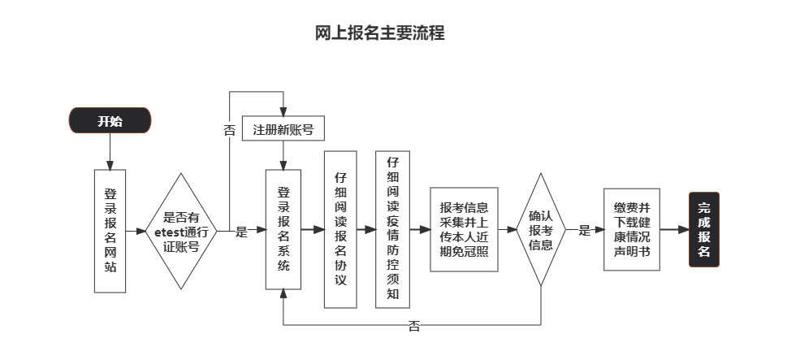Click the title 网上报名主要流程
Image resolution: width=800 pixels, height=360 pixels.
pyautogui.click(x=379, y=33)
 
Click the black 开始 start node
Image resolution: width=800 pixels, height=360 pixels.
pyautogui.click(x=110, y=121)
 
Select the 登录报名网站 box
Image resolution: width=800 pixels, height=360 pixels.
pyautogui.click(x=110, y=230)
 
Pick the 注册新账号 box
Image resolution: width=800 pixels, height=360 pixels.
pyautogui.click(x=283, y=129)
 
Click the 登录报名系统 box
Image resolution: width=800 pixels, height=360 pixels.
pyautogui.click(x=283, y=230)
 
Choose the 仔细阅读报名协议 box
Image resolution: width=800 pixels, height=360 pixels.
pyautogui.click(x=340, y=230)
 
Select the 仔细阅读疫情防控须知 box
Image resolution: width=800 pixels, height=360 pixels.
pyautogui.click(x=392, y=230)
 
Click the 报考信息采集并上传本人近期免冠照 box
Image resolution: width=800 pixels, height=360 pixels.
pyautogui.click(x=464, y=230)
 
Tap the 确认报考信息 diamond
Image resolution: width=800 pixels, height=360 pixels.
pyautogui.click(x=540, y=230)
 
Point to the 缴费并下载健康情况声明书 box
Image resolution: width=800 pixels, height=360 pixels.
pyautogui.click(x=632, y=230)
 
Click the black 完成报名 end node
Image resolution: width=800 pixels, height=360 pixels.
pyautogui.click(x=703, y=230)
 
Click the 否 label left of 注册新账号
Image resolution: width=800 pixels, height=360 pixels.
pyautogui.click(x=229, y=129)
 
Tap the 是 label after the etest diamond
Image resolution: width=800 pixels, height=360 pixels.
pyautogui.click(x=241, y=231)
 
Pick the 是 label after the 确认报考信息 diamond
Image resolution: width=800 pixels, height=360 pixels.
pyautogui.click(x=584, y=231)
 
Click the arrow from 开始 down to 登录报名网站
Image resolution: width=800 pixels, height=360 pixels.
pyautogui.click(x=110, y=150)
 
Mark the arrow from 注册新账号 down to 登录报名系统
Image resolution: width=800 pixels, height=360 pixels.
pyautogui.click(x=283, y=155)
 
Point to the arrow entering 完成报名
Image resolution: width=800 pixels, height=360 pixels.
pyautogui.click(x=674, y=230)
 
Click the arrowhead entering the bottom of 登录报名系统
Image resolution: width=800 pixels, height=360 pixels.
pyautogui.click(x=283, y=296)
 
